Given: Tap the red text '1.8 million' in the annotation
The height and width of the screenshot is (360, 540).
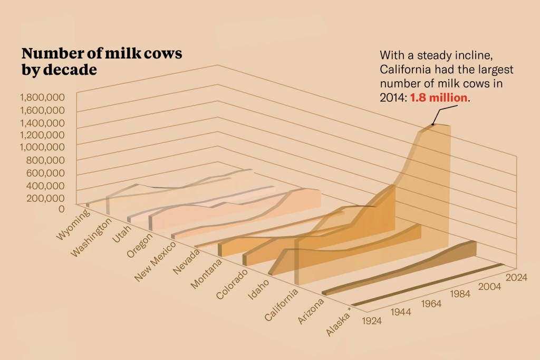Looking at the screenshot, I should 440,98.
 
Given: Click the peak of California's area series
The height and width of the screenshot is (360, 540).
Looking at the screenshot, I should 432,125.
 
